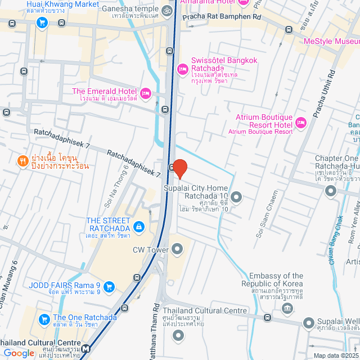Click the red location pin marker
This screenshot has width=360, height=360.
(179, 168)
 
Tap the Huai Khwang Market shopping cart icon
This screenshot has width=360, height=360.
(42, 22)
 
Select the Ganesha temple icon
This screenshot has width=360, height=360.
(166, 10)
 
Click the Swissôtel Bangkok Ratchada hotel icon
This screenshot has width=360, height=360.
(182, 69)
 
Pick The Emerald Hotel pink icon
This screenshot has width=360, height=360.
(146, 93)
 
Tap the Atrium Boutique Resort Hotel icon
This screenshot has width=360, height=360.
(300, 122)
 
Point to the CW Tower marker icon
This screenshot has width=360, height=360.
(178, 248)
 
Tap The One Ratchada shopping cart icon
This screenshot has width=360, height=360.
(44, 319)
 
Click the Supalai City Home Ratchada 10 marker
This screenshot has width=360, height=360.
(236, 197)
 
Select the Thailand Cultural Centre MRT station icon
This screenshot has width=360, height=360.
(85, 349)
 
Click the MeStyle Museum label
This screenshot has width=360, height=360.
(331, 42)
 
